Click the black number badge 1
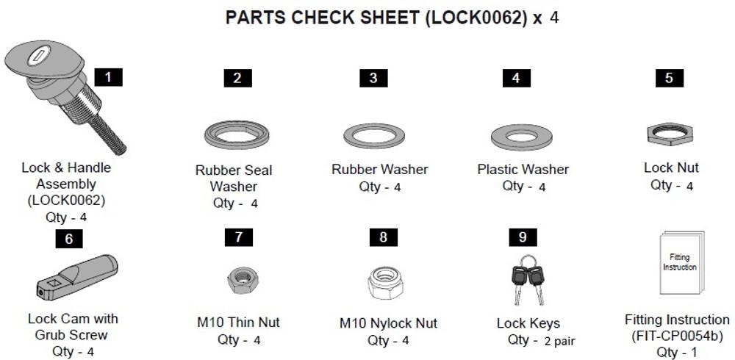click(109, 76)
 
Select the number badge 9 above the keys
click(523, 237)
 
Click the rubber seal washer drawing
click(236, 134)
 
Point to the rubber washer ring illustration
click(373, 135)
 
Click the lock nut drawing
click(670, 133)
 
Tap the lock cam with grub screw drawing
click(76, 276)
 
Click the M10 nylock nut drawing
click(383, 279)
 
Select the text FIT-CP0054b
click(677, 336)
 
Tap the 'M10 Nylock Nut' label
click(388, 323)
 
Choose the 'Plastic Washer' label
click(523, 169)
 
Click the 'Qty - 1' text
click(677, 352)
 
